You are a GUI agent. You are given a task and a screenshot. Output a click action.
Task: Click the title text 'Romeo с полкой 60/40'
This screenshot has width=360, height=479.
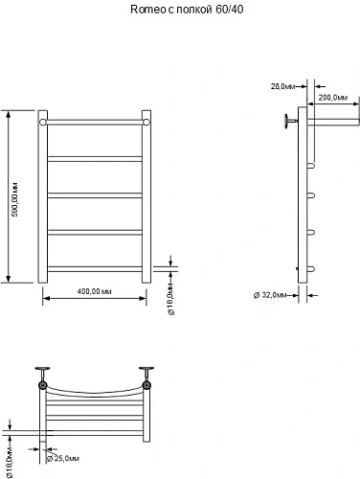pyautogui.click(x=179, y=11)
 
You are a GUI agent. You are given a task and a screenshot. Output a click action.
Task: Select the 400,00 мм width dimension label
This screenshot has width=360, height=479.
pyautogui.click(x=94, y=290)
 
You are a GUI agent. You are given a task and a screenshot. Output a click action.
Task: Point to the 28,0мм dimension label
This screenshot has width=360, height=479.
pyautogui.click(x=281, y=87)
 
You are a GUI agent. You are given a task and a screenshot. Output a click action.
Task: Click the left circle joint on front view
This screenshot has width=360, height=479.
pyautogui.click(x=43, y=123)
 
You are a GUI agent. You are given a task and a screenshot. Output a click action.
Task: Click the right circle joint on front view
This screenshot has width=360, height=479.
pyautogui.click(x=146, y=123)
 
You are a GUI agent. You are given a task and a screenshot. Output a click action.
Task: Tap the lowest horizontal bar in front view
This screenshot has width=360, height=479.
pyautogui.click(x=94, y=267)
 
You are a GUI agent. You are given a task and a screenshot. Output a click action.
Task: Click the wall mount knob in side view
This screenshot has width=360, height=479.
pyautogui.click(x=287, y=121)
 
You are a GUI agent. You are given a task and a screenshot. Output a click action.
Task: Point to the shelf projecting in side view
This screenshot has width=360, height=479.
pyautogui.click(x=330, y=121)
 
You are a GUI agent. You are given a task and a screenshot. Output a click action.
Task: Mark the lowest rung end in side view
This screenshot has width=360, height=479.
pyautogui.click(x=311, y=268)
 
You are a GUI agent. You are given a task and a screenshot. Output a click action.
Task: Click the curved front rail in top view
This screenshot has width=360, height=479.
pyautogui.click(x=94, y=392)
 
